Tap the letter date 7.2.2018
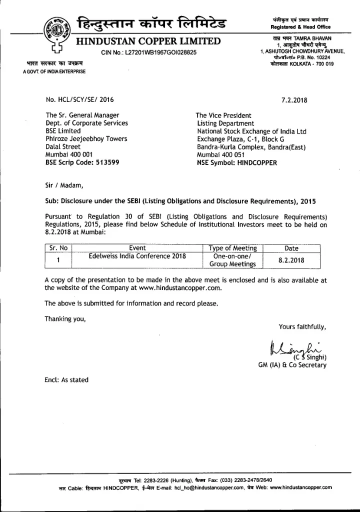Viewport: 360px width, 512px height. tap(294, 99)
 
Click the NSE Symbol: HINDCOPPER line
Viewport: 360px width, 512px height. tap(236, 162)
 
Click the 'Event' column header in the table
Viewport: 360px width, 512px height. tap(137, 248)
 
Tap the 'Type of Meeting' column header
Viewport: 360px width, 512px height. tap(232, 248)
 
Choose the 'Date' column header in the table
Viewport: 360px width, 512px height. tap(291, 248)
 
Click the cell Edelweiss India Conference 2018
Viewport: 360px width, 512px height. tap(137, 256)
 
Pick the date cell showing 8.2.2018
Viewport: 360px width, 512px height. tap(291, 260)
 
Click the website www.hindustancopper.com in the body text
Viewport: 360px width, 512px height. tap(180, 288)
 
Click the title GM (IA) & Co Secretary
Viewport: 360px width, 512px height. tap(292, 365)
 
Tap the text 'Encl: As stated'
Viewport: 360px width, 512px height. tap(66, 380)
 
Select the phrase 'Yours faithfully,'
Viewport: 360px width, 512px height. tap(302, 327)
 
